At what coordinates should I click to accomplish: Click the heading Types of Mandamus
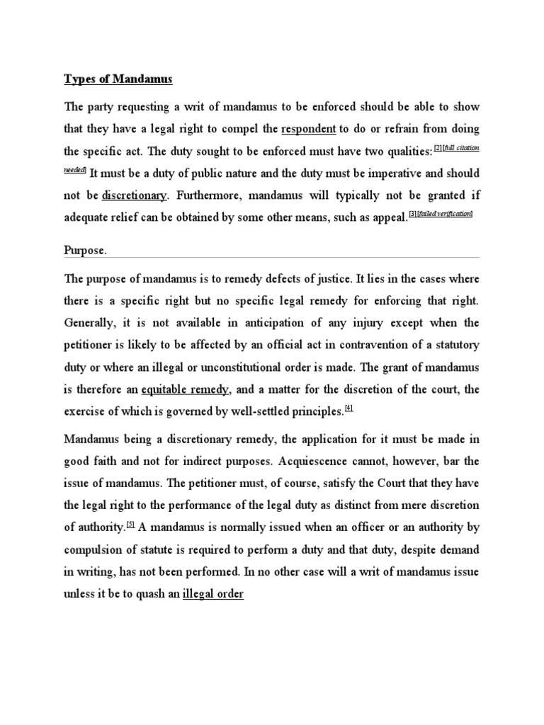118,79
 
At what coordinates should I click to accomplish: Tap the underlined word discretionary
135,195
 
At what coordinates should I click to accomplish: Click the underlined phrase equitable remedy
186,389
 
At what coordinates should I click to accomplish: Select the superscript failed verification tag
447,214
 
